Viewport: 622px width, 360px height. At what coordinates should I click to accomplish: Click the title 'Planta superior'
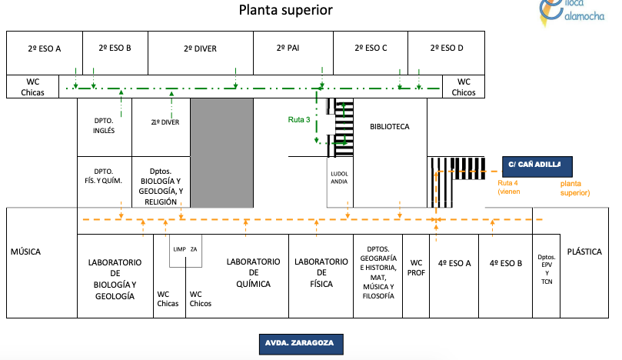pos(284,10)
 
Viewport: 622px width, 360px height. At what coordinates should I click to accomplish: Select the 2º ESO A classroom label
pos(45,48)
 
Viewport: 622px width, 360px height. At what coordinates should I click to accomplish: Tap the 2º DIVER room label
pos(200,48)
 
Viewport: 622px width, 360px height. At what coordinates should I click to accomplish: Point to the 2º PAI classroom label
pos(292,48)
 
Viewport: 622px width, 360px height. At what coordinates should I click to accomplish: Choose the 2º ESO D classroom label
pos(446,48)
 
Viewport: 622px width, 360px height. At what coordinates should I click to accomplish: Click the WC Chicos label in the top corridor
pos(464,87)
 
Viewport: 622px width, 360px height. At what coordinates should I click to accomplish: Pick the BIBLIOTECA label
pos(389,126)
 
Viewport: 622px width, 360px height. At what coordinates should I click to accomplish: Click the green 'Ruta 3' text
pos(299,119)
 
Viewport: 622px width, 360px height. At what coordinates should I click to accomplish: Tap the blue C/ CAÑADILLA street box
pos(535,165)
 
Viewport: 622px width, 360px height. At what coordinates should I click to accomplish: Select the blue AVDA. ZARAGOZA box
pos(299,342)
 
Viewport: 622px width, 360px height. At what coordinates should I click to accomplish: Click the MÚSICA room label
pos(25,252)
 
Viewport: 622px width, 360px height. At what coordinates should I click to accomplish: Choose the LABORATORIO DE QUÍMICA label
pos(253,273)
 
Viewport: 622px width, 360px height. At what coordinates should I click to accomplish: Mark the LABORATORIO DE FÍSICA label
pos(320,268)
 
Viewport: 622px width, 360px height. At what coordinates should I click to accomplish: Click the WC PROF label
pos(417,268)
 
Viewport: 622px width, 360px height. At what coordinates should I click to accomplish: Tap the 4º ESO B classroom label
pos(505,262)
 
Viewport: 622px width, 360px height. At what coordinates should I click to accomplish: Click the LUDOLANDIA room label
pos(339,178)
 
